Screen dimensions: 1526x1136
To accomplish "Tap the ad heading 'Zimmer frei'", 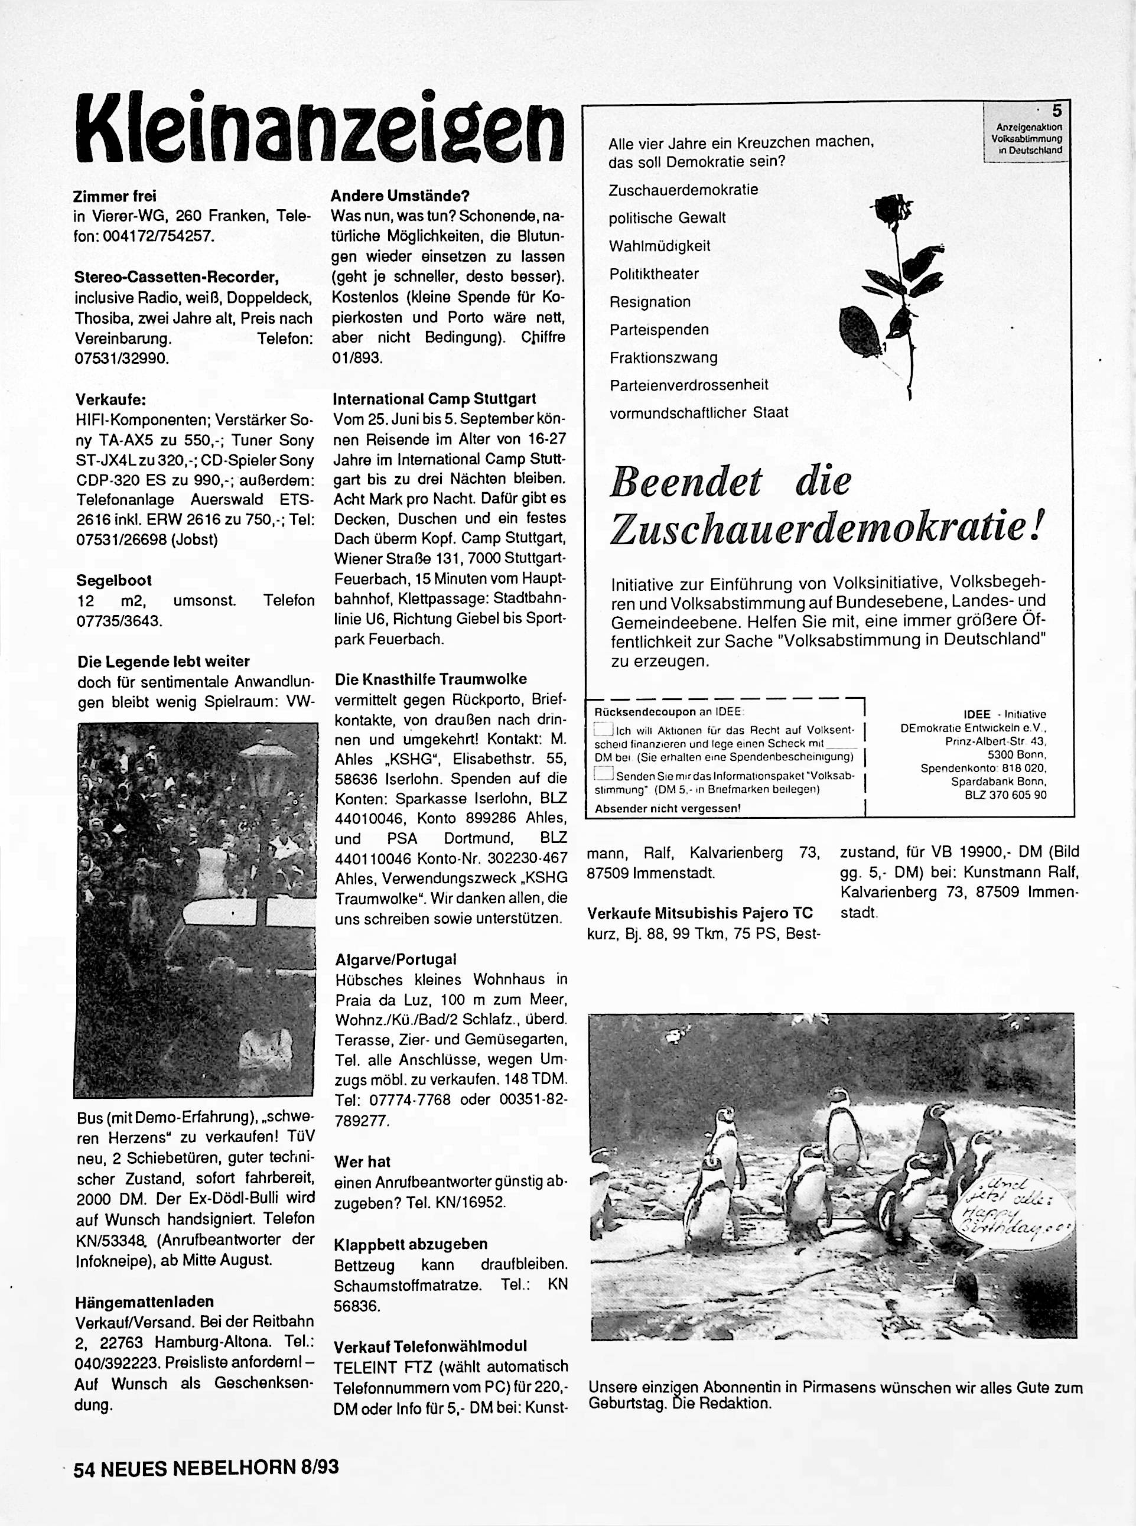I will tap(116, 196).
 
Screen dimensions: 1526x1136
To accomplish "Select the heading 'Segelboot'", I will tap(114, 580).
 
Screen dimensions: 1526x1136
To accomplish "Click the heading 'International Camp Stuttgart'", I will tap(434, 399).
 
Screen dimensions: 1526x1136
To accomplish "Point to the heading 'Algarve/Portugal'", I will tap(395, 959).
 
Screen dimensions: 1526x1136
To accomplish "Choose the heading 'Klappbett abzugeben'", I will tap(411, 1244).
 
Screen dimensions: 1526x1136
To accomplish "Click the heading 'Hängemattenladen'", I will tap(145, 1302).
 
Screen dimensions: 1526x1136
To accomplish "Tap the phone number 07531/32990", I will tap(122, 358).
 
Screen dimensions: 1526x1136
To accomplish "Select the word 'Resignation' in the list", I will tap(650, 302).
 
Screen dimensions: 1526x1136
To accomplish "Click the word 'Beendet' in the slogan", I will tap(686, 481).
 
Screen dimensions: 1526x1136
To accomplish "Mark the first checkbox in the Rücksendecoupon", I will tap(603, 729).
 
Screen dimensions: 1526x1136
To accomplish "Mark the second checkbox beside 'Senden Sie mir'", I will tap(603, 776).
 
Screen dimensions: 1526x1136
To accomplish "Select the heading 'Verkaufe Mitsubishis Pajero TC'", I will tap(700, 913).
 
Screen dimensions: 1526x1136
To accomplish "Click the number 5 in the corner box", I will tap(1057, 110).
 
